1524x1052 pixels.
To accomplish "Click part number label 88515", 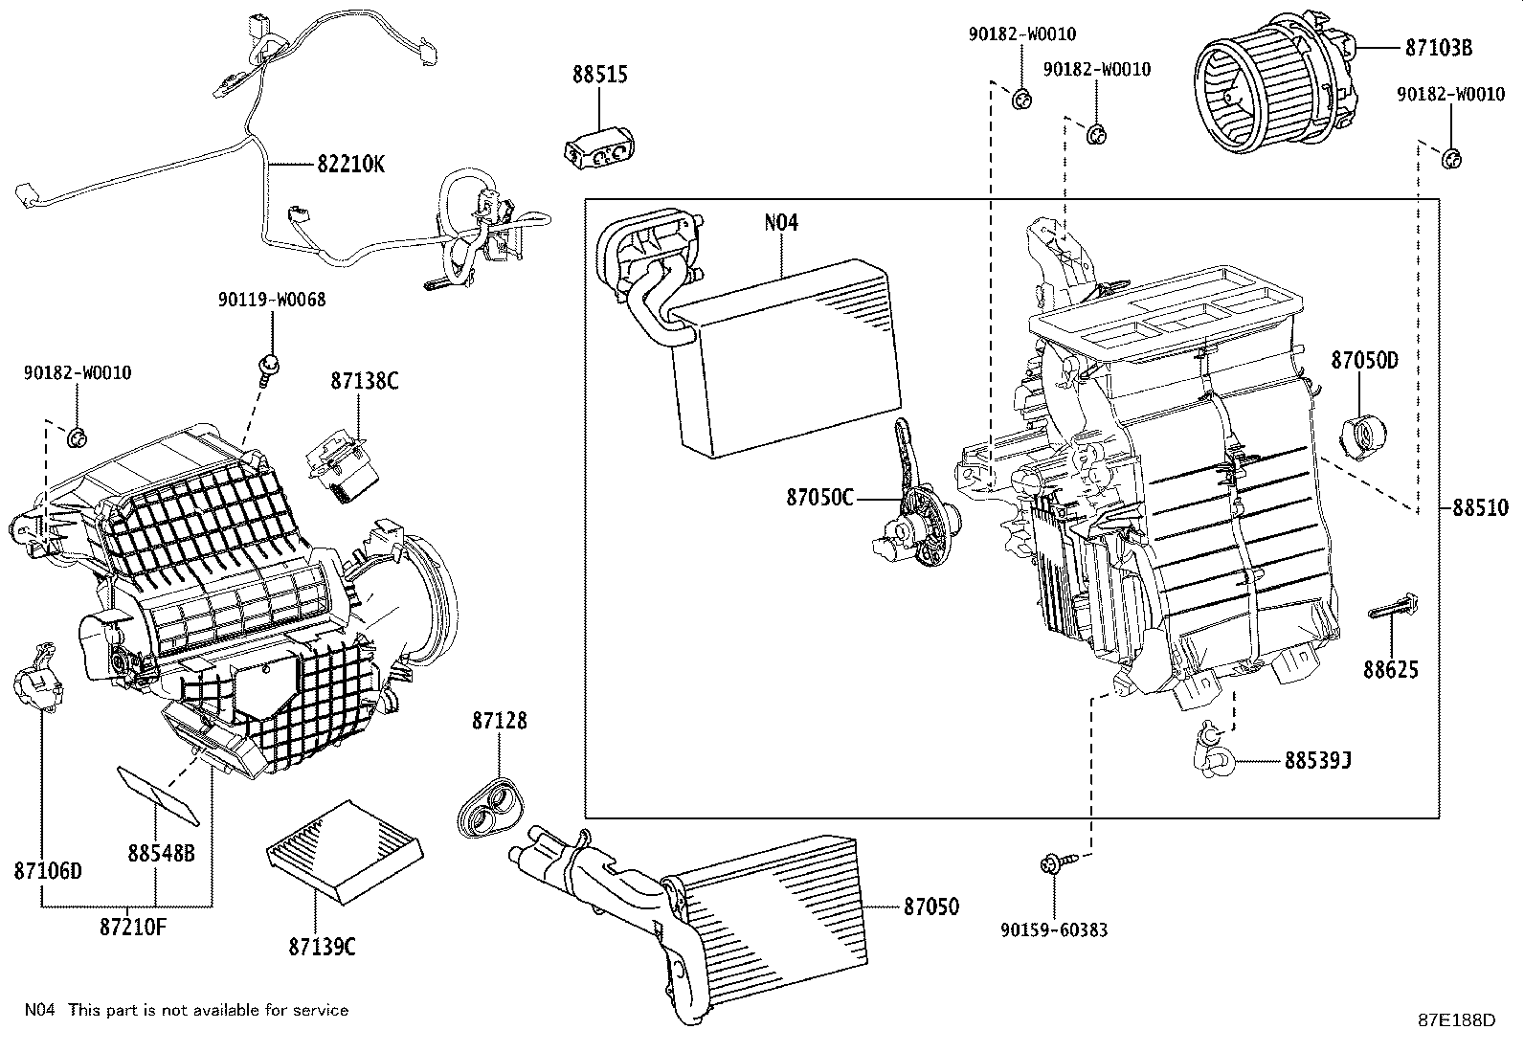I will tap(600, 74).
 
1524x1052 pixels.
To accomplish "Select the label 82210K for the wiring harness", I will tap(350, 164).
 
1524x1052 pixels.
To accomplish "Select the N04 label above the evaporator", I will tap(780, 223).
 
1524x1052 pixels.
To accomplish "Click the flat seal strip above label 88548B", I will tap(157, 794).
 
